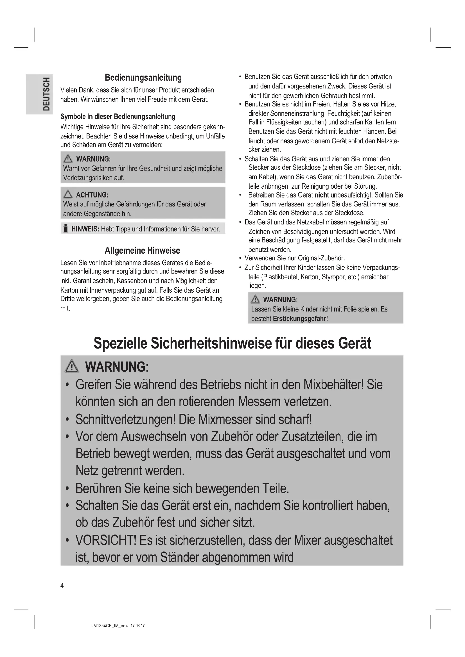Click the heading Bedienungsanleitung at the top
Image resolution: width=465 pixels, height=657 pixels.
point(143,78)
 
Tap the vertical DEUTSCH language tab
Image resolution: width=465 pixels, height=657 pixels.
point(46,94)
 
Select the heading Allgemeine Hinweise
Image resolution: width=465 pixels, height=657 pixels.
point(142,251)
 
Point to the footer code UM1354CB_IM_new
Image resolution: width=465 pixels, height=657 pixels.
point(109,626)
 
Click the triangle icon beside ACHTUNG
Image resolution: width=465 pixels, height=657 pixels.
point(68,195)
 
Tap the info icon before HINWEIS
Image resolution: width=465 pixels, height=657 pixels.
point(66,229)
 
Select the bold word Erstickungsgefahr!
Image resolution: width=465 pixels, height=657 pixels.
point(300,319)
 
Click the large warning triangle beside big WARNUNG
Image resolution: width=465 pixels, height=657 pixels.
point(72,367)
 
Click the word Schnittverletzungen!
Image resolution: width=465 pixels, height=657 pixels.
point(125,419)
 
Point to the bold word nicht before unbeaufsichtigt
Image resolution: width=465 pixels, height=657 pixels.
point(322,195)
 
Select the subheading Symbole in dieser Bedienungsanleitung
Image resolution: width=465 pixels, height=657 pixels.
point(118,117)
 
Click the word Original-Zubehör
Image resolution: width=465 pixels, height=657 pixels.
point(321,258)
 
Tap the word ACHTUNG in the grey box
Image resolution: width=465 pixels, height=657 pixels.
point(91,195)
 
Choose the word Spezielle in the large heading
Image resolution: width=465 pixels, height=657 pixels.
point(121,343)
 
